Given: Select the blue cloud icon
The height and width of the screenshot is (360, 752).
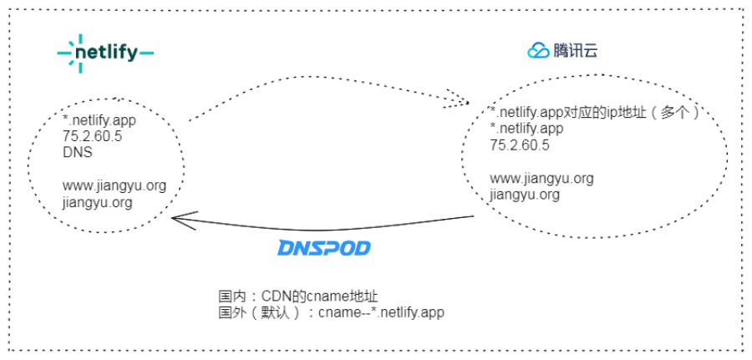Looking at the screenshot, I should [535, 52].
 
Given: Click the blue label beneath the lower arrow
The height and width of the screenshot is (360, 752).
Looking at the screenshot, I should [324, 248].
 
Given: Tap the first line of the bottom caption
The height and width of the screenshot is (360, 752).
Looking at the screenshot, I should [297, 297].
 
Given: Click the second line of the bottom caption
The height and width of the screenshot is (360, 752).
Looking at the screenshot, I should [330, 313].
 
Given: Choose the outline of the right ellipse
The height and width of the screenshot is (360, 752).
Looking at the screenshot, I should [727, 150].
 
